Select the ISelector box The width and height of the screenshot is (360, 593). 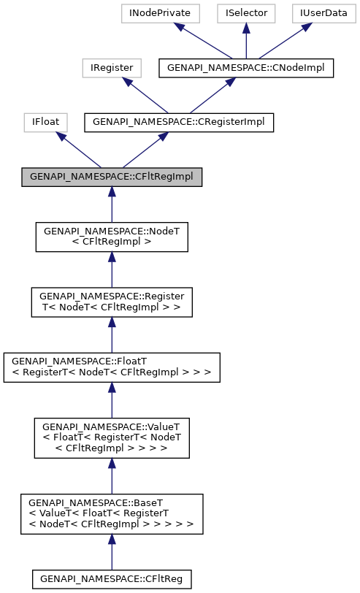click(x=246, y=13)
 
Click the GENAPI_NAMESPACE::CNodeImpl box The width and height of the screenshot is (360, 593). click(x=246, y=68)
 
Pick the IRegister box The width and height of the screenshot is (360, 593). click(x=112, y=68)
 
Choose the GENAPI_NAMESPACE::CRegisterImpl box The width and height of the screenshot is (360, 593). click(x=179, y=123)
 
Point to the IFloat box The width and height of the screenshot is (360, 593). click(x=45, y=123)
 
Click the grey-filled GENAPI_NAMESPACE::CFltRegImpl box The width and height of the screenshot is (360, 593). click(x=112, y=177)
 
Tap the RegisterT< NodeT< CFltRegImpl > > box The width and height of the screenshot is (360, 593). click(x=112, y=302)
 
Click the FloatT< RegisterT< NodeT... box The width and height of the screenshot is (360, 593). click(x=112, y=367)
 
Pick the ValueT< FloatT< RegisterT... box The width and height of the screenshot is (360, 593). click(x=112, y=437)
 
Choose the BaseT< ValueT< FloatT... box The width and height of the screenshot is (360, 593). click(x=112, y=513)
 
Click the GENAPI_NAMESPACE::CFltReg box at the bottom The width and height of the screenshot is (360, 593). click(x=112, y=579)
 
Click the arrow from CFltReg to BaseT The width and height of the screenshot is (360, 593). click(x=112, y=552)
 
